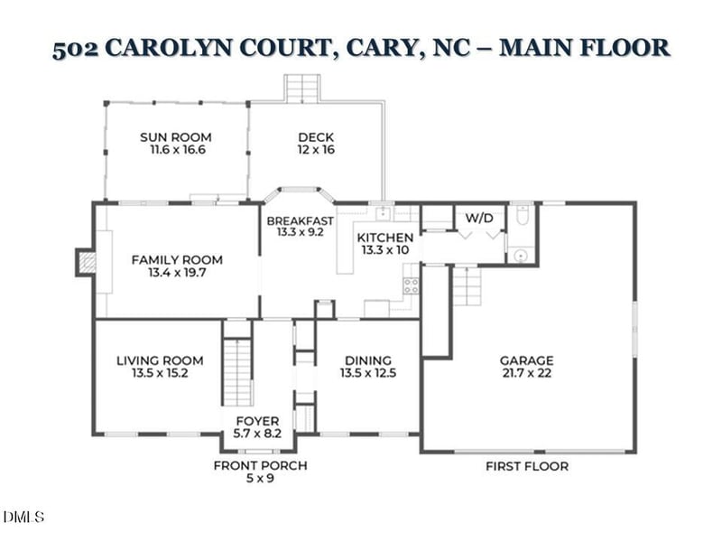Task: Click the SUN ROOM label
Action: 176,137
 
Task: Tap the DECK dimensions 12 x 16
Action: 316,150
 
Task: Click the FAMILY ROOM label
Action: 177,259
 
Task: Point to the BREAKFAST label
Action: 300,220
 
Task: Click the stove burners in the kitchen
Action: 411,286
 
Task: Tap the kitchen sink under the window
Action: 384,213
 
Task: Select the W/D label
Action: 479,219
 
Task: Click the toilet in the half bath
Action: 523,218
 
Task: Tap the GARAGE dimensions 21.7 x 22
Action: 526,373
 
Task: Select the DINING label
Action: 366,360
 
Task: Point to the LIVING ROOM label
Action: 160,360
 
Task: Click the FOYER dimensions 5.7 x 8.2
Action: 257,435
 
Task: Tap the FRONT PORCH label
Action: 260,465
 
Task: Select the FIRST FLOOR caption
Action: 527,466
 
